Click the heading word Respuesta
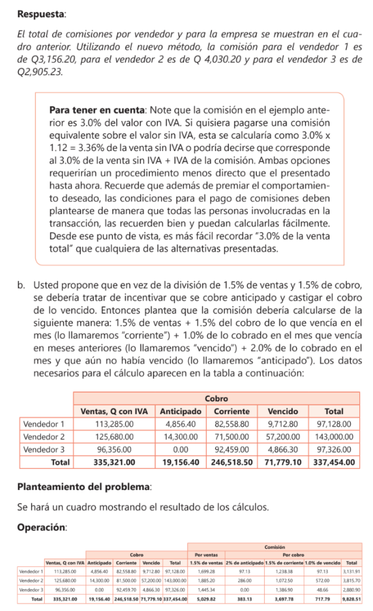click(x=41, y=13)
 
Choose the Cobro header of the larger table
click(x=215, y=398)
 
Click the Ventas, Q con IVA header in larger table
click(x=114, y=411)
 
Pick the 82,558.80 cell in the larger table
click(x=232, y=424)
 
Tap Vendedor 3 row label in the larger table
click(x=44, y=449)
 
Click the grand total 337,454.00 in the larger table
click(x=334, y=462)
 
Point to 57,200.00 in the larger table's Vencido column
click(x=282, y=436)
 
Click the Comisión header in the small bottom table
click(x=274, y=547)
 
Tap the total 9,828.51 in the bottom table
click(x=351, y=598)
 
